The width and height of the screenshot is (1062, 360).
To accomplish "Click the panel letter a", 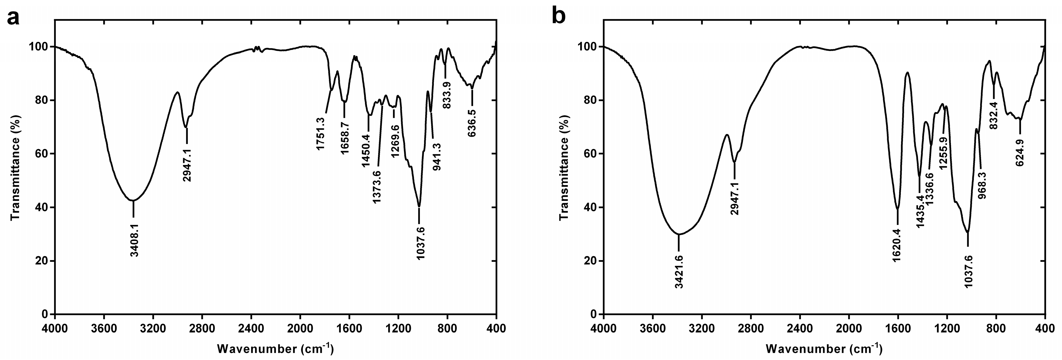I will click(x=13, y=17).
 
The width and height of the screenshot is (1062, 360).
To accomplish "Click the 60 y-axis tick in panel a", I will click(x=43, y=154).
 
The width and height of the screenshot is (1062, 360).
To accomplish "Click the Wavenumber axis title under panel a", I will click(x=275, y=349).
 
